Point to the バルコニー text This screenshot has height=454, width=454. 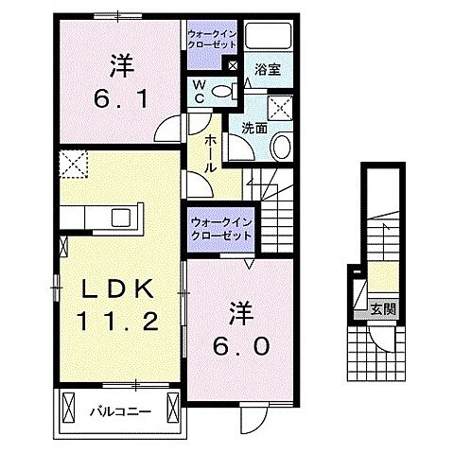tap(115, 411)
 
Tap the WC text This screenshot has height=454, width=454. tap(199, 92)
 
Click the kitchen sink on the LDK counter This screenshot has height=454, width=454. tap(123, 218)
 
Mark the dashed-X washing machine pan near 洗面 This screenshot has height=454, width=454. tap(280, 106)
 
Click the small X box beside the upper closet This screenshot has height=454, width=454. tap(233, 65)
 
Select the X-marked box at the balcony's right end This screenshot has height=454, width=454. tap(172, 407)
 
